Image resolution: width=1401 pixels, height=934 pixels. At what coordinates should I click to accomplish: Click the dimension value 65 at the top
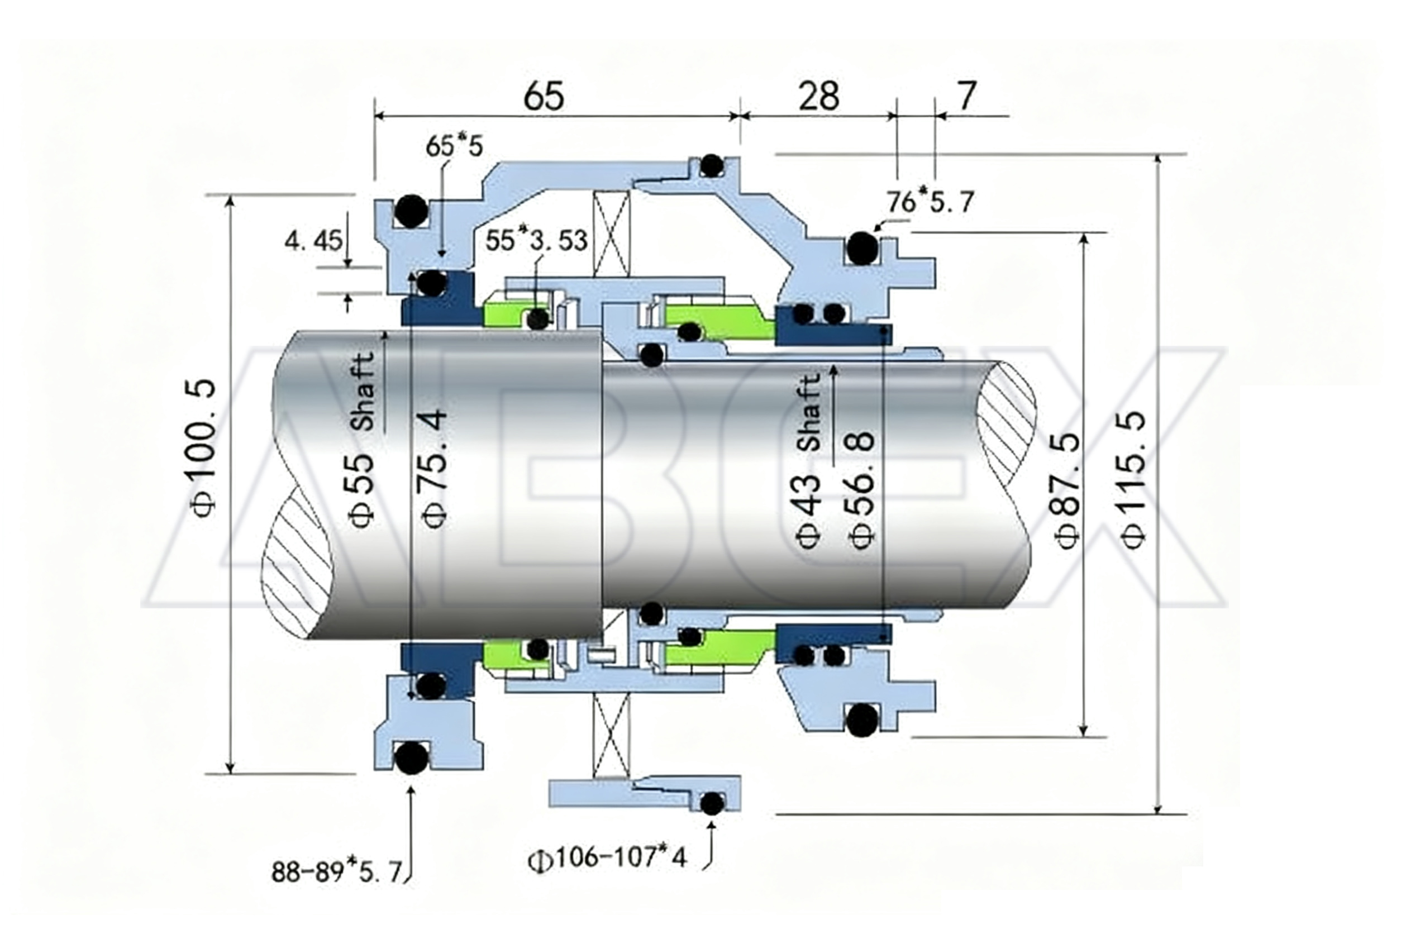pos(543,97)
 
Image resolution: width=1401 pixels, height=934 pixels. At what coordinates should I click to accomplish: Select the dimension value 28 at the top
pos(818,97)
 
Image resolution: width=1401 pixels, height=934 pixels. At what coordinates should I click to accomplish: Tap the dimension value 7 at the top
pos(966,96)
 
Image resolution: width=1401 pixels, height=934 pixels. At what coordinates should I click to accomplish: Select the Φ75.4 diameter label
pos(433,468)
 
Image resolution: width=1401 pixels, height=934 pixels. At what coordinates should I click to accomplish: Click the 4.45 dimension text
pos(313,241)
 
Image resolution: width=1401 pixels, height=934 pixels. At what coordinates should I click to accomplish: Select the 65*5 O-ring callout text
pos(454,146)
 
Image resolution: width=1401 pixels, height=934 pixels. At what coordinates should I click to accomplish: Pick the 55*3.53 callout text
pos(536,241)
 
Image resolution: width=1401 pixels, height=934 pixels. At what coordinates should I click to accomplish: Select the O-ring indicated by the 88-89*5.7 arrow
pos(411,758)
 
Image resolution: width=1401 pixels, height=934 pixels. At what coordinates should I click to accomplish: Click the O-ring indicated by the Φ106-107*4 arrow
pos(711,803)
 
